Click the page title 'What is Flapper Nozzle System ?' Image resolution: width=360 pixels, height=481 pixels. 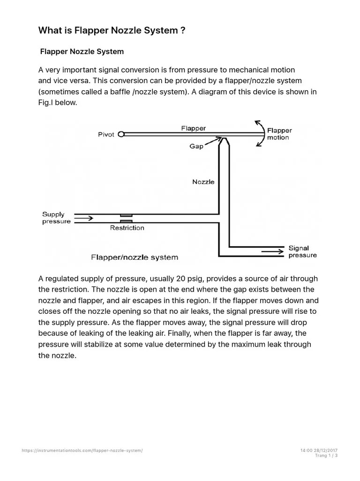pos(112,31)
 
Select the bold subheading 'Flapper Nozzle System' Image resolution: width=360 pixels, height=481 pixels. pos(82,51)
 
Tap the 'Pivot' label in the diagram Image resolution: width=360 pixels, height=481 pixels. pos(106,134)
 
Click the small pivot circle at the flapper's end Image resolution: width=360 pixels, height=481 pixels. pos(121,134)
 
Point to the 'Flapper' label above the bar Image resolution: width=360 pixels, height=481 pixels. pos(193,128)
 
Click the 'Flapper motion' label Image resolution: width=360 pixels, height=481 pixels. pos(279,134)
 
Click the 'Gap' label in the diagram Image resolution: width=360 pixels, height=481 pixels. pos(196,146)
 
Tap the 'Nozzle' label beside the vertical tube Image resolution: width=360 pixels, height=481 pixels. pos(203,182)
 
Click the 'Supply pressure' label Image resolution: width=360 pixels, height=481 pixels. pos(56,218)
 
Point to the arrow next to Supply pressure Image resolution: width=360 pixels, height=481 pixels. pos(84,218)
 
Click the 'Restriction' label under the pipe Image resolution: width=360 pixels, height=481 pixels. pos(127,228)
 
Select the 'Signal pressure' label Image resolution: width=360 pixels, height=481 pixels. pos(302,252)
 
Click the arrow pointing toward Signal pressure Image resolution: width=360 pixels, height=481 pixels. pos(272,251)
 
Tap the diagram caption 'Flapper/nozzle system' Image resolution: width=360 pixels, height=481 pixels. pos(135,257)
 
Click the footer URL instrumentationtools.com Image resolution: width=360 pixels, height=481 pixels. pos(82,450)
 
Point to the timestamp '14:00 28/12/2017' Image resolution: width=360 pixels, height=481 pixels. pos(319,450)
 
